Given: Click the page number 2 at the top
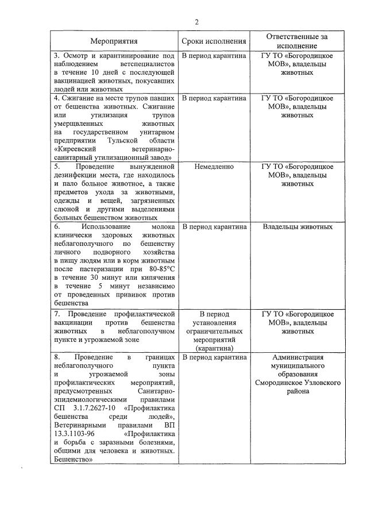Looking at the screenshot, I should (196, 22).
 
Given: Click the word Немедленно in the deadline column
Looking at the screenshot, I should (214, 167).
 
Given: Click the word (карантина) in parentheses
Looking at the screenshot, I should (214, 348).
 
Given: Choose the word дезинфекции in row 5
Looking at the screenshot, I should (78, 175).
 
